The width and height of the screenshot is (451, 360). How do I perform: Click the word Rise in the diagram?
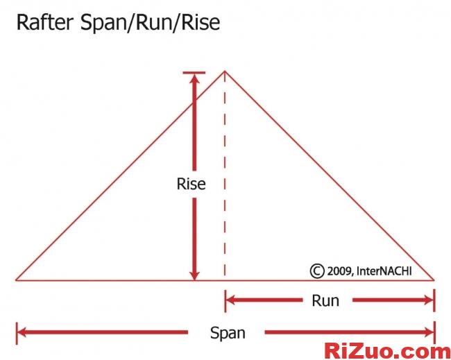click(x=191, y=184)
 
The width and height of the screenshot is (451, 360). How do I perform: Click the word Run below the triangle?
click(x=325, y=300)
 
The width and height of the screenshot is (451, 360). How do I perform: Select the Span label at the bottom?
click(x=227, y=333)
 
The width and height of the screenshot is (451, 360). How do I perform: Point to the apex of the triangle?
click(x=224, y=71)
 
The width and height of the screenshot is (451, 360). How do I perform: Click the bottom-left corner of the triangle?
click(x=17, y=280)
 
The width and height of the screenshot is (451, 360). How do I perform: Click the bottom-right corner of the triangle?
click(x=434, y=280)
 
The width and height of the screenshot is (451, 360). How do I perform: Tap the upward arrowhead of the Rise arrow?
click(x=194, y=80)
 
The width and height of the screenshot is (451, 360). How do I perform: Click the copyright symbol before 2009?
click(x=317, y=271)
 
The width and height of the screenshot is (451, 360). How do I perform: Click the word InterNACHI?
click(x=384, y=271)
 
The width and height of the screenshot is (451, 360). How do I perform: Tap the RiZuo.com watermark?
click(x=388, y=350)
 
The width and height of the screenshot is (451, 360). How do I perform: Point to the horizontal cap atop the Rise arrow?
click(x=194, y=73)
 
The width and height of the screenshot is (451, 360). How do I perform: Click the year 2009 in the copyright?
click(x=341, y=271)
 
